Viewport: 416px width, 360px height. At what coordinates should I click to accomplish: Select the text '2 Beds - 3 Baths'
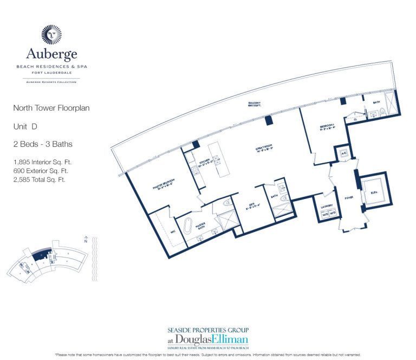43,144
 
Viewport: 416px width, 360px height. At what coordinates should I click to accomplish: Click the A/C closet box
342,152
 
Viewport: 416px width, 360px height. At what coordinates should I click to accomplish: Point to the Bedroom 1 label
327,129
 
